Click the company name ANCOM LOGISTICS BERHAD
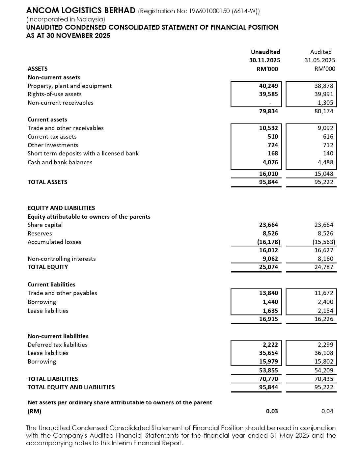[x=81, y=11]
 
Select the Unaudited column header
[x=265, y=52]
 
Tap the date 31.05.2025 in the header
[x=320, y=60]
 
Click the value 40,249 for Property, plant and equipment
[x=268, y=86]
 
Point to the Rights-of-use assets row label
[x=54, y=94]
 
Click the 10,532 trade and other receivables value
[x=268, y=128]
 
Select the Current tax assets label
[x=52, y=137]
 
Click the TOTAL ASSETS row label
[x=47, y=182]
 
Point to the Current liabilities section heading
[x=51, y=285]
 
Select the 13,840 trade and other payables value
[x=268, y=293]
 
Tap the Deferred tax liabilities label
[x=58, y=345]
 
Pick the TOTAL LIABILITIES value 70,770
[x=268, y=379]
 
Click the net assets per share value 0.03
[x=272, y=411]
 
